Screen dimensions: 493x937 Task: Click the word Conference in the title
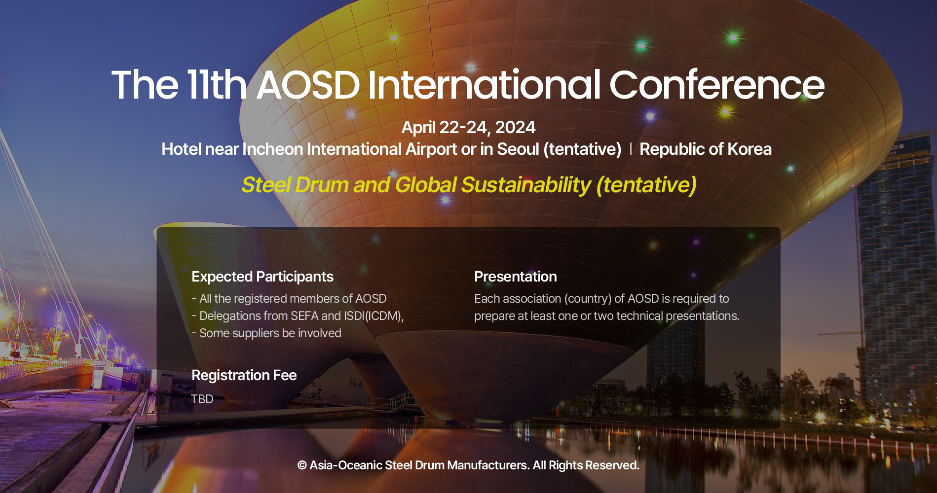pyautogui.click(x=716, y=85)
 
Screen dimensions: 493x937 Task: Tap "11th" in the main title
pyautogui.click(x=217, y=85)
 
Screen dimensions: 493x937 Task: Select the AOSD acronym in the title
pyautogui.click(x=308, y=85)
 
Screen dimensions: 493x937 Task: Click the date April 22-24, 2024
pyautogui.click(x=468, y=127)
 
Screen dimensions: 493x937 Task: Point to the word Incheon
pyautogui.click(x=273, y=149)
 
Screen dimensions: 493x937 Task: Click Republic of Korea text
pyautogui.click(x=705, y=149)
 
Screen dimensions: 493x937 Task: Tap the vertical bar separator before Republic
pyautogui.click(x=631, y=149)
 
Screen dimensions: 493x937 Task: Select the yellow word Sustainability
pyautogui.click(x=525, y=185)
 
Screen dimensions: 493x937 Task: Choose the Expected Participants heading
pyautogui.click(x=262, y=277)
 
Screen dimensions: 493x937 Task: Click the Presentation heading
pyautogui.click(x=515, y=277)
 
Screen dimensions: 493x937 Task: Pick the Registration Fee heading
pyautogui.click(x=244, y=375)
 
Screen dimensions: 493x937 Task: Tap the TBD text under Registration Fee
pyautogui.click(x=202, y=399)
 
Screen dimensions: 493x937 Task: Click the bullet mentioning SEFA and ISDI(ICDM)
pyautogui.click(x=298, y=316)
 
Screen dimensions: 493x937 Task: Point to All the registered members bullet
pyautogui.click(x=289, y=299)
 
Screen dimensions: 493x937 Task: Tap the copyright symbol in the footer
pyautogui.click(x=302, y=465)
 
